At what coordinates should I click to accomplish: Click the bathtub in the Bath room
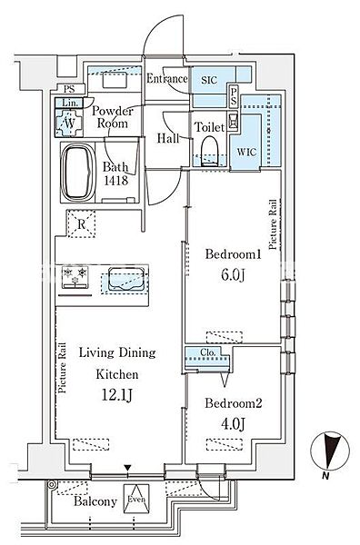point(78,173)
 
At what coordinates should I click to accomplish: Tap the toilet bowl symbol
point(210,151)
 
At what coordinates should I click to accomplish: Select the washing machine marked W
point(69,122)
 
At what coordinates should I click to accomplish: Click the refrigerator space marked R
point(82,224)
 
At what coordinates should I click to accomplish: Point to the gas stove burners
point(75,277)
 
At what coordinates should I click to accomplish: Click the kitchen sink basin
point(125,278)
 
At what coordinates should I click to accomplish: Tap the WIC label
point(246,152)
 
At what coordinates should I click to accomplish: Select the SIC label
point(209,80)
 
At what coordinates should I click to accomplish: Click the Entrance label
point(167,78)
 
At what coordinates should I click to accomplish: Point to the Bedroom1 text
point(233,254)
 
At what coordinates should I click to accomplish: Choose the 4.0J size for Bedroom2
point(233,424)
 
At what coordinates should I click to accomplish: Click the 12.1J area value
point(117,395)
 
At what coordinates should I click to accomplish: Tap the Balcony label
point(95,501)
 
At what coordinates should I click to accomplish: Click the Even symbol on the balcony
point(136,499)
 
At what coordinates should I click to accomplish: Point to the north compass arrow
point(329,451)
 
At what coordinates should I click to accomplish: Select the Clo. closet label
point(208,352)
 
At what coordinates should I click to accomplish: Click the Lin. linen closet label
point(69,103)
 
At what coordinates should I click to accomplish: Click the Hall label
point(168,138)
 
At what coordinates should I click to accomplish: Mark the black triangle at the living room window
point(128,468)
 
